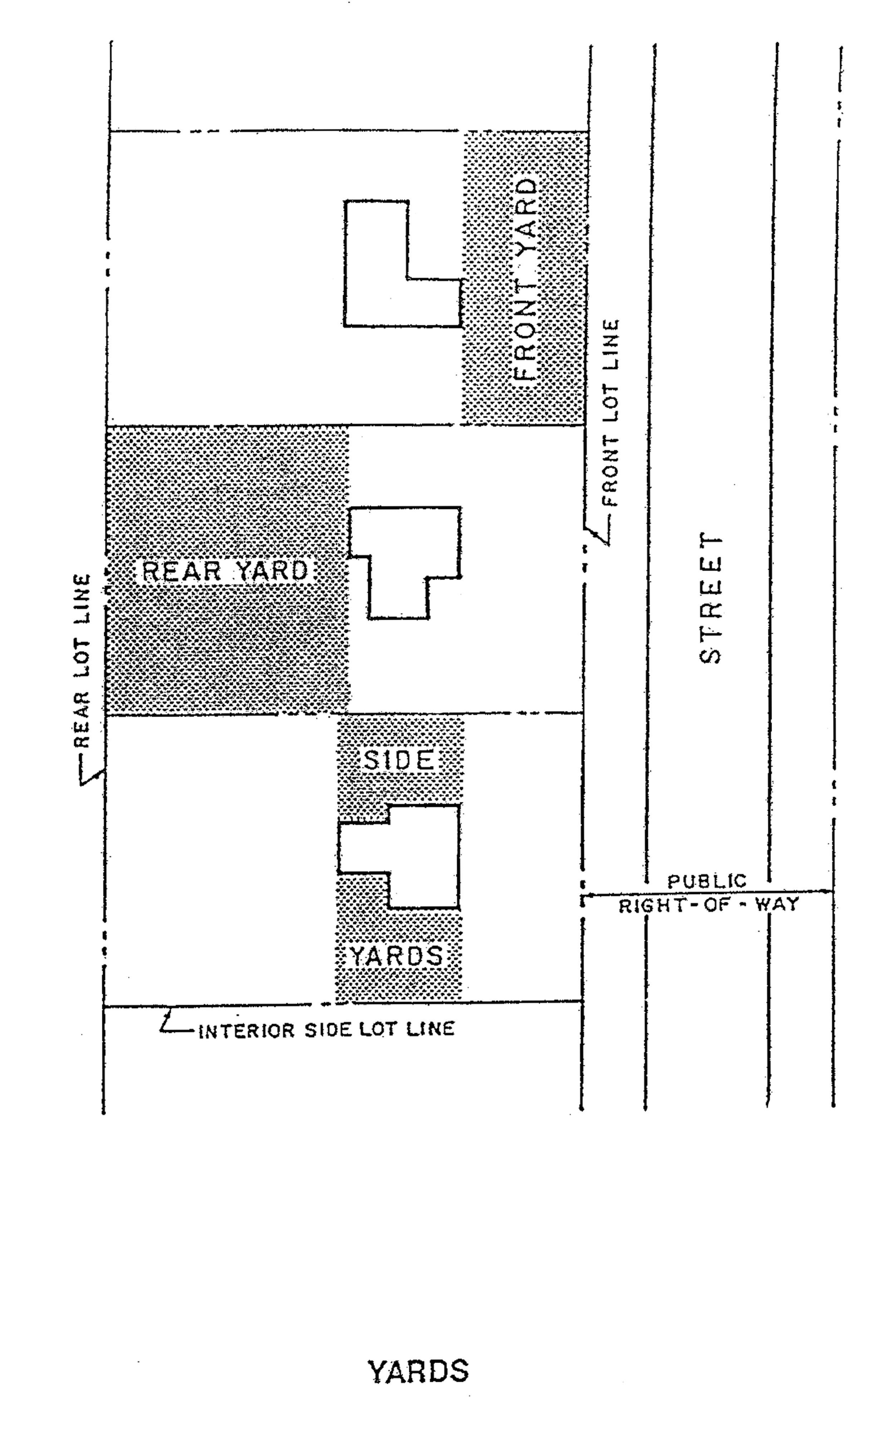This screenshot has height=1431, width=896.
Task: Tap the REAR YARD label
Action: pos(226,571)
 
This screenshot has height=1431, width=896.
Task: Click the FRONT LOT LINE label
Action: pos(611,413)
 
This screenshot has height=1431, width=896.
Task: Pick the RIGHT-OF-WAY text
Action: pos(709,905)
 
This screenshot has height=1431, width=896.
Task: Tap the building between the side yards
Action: pos(415,856)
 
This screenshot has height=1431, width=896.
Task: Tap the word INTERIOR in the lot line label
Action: pos(246,1031)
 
